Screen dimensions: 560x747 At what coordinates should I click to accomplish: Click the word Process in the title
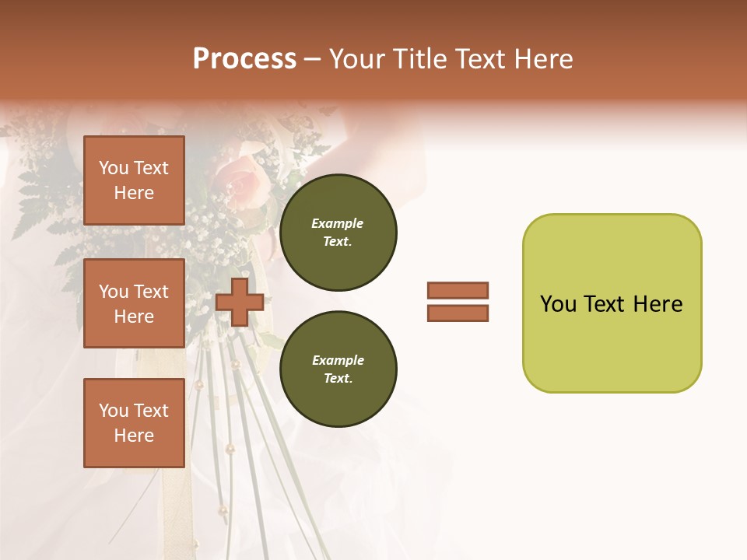coord(244,59)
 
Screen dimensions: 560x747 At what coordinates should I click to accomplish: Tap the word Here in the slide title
coord(542,59)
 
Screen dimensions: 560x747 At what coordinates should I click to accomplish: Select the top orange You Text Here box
coord(134,180)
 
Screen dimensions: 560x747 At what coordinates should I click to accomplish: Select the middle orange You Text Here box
coord(134,303)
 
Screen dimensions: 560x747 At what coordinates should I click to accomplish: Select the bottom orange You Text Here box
coord(134,422)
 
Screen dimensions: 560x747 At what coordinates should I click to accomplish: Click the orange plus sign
coord(240,302)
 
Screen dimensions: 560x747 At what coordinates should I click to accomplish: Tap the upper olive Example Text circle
coord(338,232)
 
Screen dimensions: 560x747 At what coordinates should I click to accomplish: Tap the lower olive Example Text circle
coord(338,369)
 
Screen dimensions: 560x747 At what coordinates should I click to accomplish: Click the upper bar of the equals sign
coord(458,290)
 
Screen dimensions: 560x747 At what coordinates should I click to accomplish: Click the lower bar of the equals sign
coord(458,313)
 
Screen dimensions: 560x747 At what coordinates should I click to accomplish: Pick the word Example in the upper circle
coord(338,223)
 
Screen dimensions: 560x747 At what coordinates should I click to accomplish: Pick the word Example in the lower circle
coord(338,360)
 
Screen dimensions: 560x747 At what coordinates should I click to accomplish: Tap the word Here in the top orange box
coord(134,193)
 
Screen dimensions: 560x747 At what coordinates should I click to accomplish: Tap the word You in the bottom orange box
coord(114,411)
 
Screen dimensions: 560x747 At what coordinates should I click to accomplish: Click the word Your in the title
coord(359,59)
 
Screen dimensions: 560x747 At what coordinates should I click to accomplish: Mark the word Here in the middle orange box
coord(134,317)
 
